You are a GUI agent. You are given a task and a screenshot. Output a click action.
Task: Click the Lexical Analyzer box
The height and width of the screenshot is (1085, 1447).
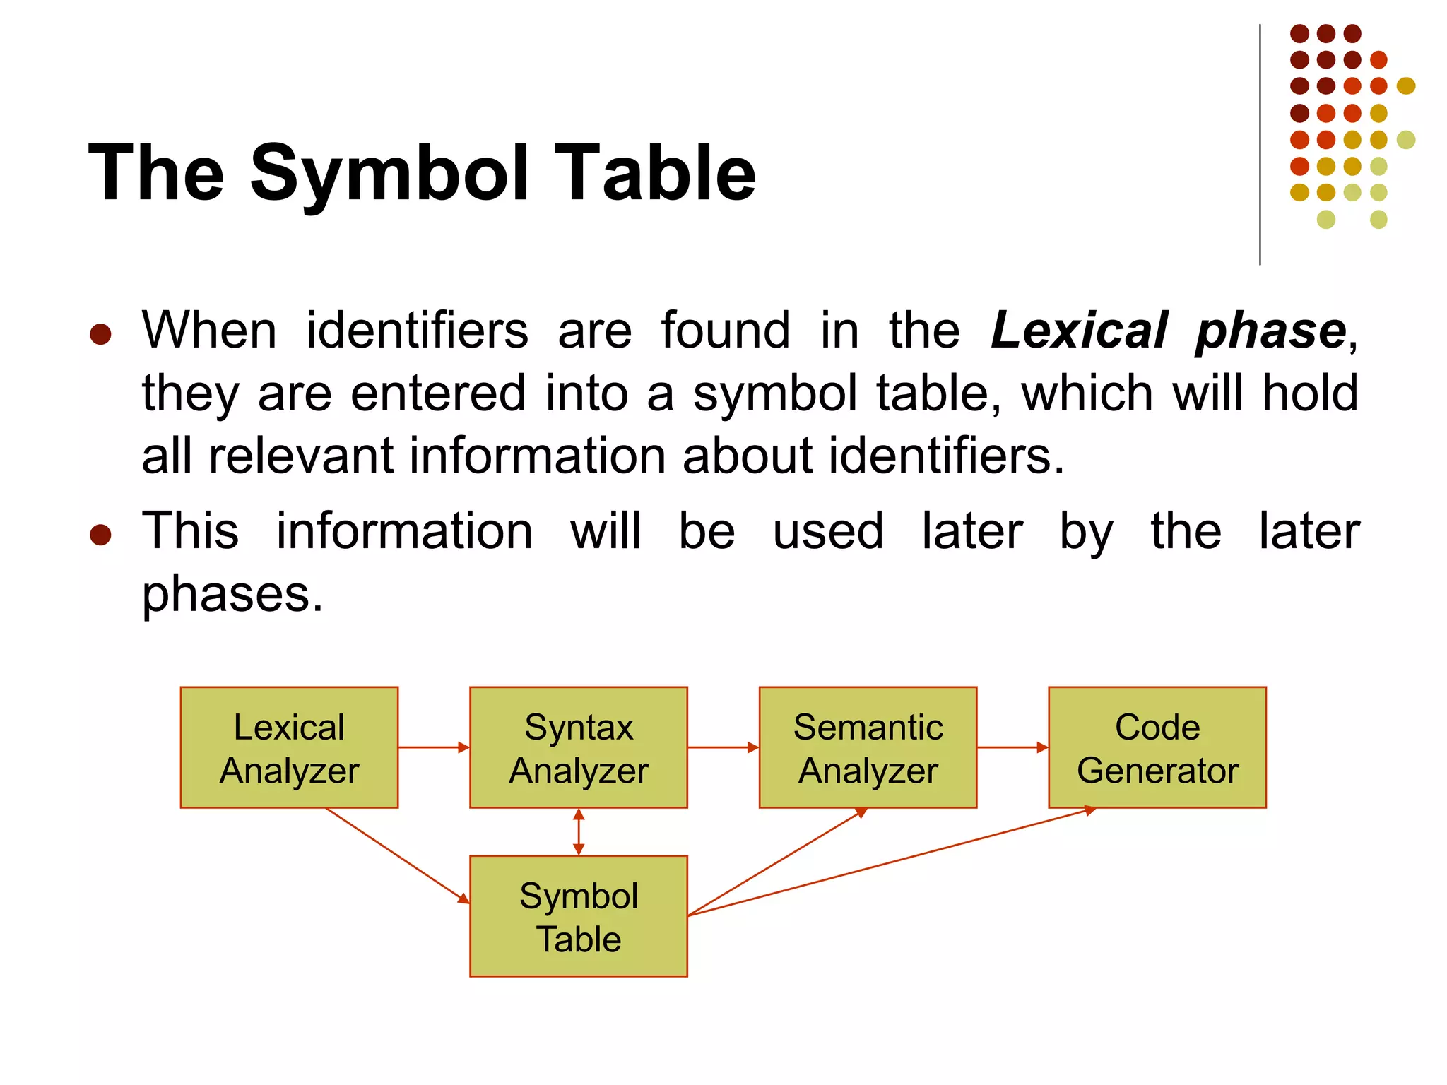289,747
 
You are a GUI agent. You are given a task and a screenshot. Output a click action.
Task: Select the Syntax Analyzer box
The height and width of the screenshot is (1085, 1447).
578,747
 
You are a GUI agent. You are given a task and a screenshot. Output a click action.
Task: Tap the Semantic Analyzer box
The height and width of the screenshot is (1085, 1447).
868,747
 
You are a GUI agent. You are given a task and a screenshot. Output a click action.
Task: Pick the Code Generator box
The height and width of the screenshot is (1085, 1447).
1157,747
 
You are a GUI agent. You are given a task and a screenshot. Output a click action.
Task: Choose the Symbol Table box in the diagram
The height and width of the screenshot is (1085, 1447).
578,916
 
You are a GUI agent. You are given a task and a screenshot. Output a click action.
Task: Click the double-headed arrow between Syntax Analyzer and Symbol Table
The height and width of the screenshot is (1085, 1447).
579,832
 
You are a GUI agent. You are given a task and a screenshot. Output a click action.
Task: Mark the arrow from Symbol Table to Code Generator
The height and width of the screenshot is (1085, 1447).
890,862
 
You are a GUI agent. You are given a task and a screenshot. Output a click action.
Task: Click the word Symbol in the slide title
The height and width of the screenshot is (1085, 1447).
389,173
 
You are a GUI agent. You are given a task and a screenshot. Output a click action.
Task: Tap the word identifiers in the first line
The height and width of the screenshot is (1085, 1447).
417,331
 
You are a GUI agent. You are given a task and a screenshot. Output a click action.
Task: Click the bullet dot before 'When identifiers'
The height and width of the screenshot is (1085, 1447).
100,334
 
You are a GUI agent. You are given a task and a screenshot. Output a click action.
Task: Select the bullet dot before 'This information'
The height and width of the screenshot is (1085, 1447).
100,535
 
